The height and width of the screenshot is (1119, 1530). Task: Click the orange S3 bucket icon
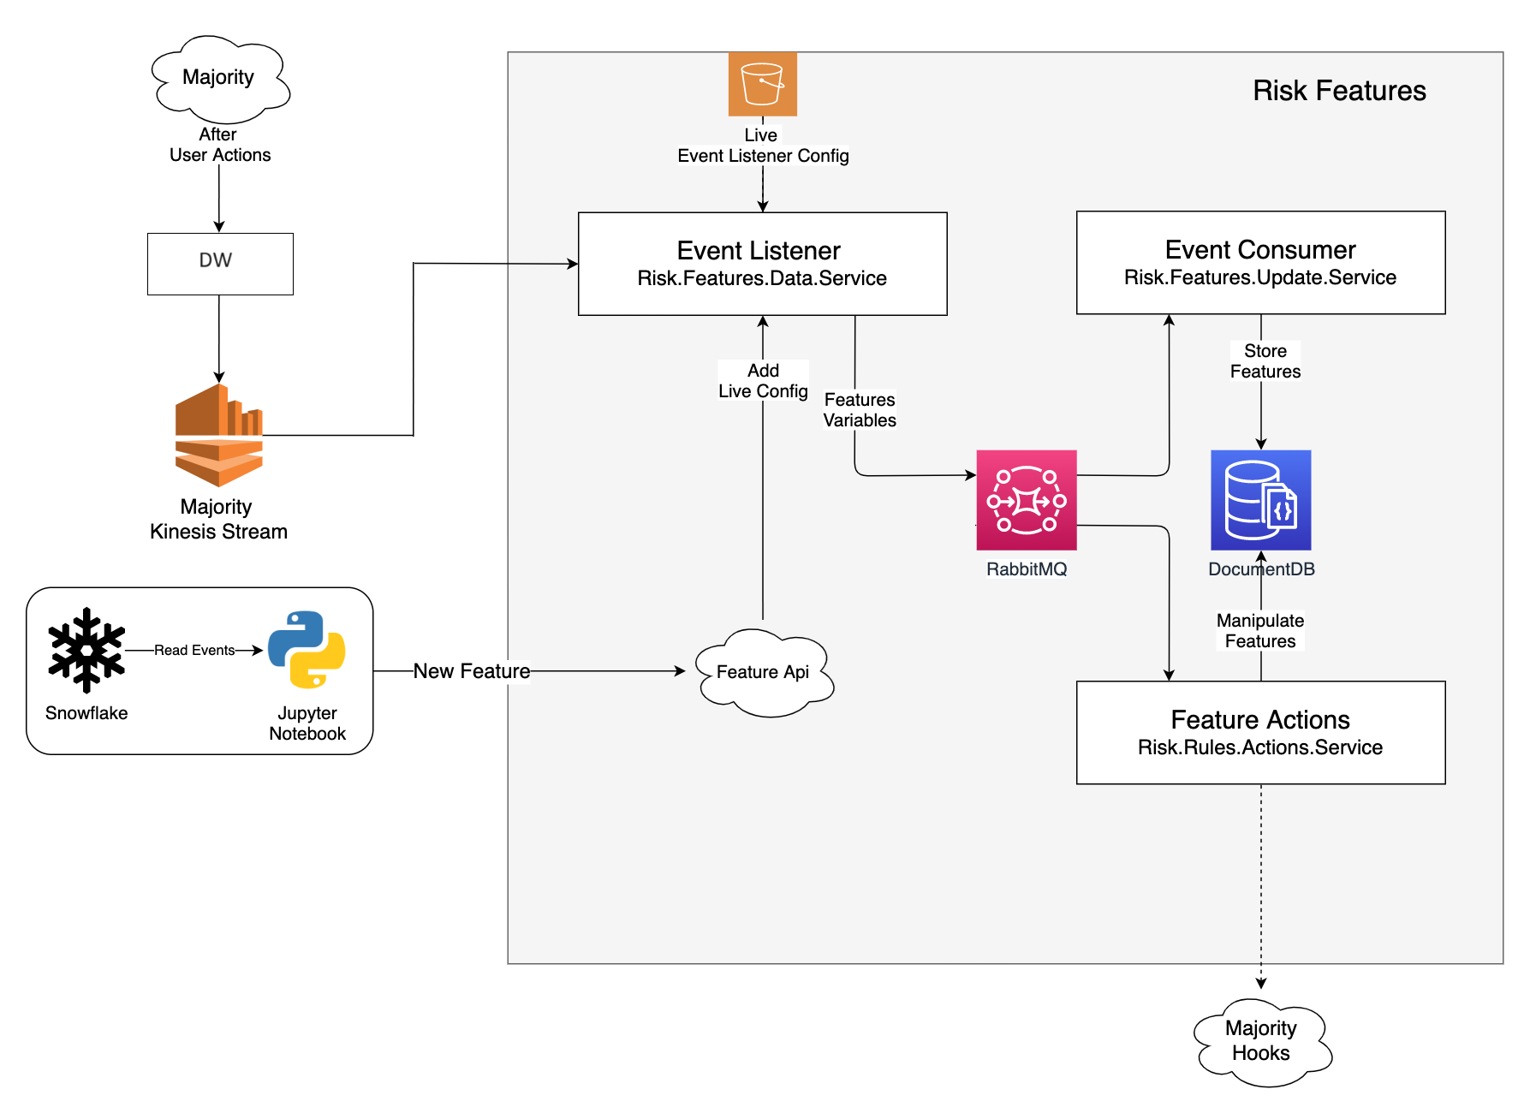[762, 84]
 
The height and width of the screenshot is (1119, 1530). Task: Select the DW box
[220, 264]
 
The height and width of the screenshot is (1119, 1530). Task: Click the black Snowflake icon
[86, 650]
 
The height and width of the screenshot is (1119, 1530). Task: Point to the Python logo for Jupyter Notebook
[307, 650]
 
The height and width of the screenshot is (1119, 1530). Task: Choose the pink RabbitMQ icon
[1026, 500]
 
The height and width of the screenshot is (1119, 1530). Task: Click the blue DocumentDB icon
[1260, 500]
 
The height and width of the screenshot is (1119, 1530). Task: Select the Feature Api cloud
[763, 672]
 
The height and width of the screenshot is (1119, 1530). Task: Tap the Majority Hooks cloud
[1261, 1041]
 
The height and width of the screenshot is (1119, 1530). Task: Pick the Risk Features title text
[1339, 91]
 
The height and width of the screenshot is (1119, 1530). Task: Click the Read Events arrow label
[194, 651]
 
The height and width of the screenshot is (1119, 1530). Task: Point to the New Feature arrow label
[472, 671]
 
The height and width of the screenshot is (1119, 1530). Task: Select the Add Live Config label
[763, 381]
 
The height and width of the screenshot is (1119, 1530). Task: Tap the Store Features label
[1265, 361]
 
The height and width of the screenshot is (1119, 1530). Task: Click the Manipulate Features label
[1260, 631]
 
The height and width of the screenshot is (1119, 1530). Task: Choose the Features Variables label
[860, 410]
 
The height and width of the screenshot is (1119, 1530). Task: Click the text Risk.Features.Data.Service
[762, 278]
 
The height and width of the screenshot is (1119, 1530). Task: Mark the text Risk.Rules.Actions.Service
[1260, 747]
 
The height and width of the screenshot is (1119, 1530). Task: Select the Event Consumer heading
[1260, 250]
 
